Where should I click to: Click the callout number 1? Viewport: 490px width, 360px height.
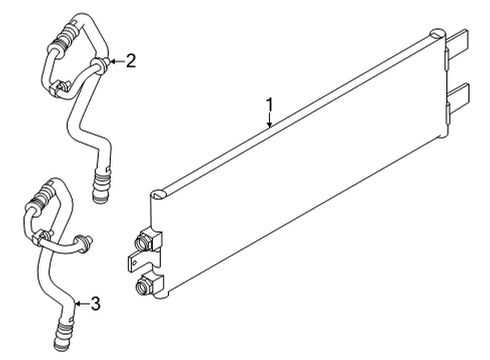(x=268, y=103)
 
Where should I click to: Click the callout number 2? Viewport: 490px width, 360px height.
(x=131, y=61)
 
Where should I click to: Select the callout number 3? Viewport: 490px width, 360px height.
(x=95, y=302)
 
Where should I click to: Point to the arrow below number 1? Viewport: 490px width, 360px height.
(x=269, y=122)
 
